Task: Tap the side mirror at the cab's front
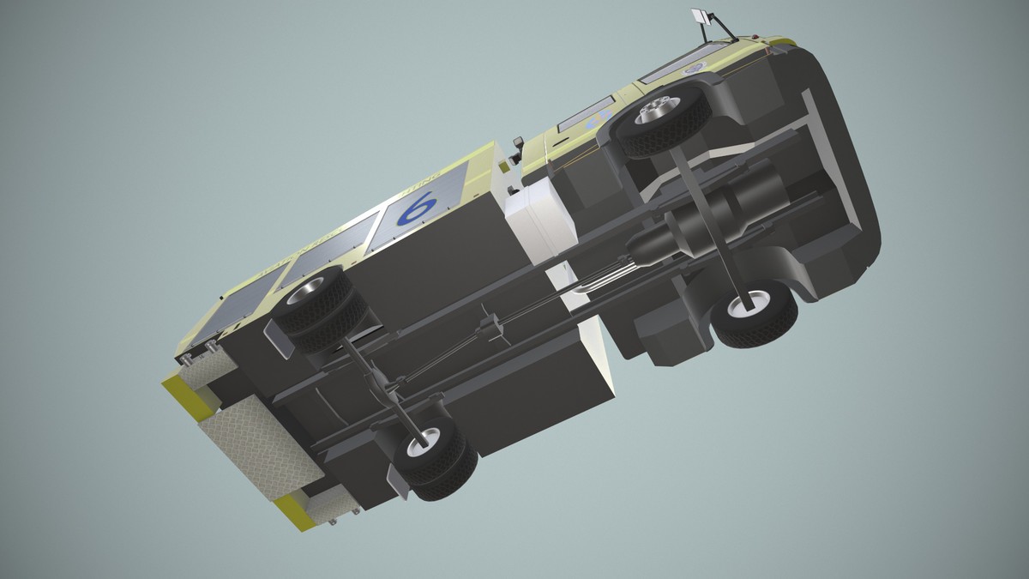pos(700,16)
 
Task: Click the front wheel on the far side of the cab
pos(753,309)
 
